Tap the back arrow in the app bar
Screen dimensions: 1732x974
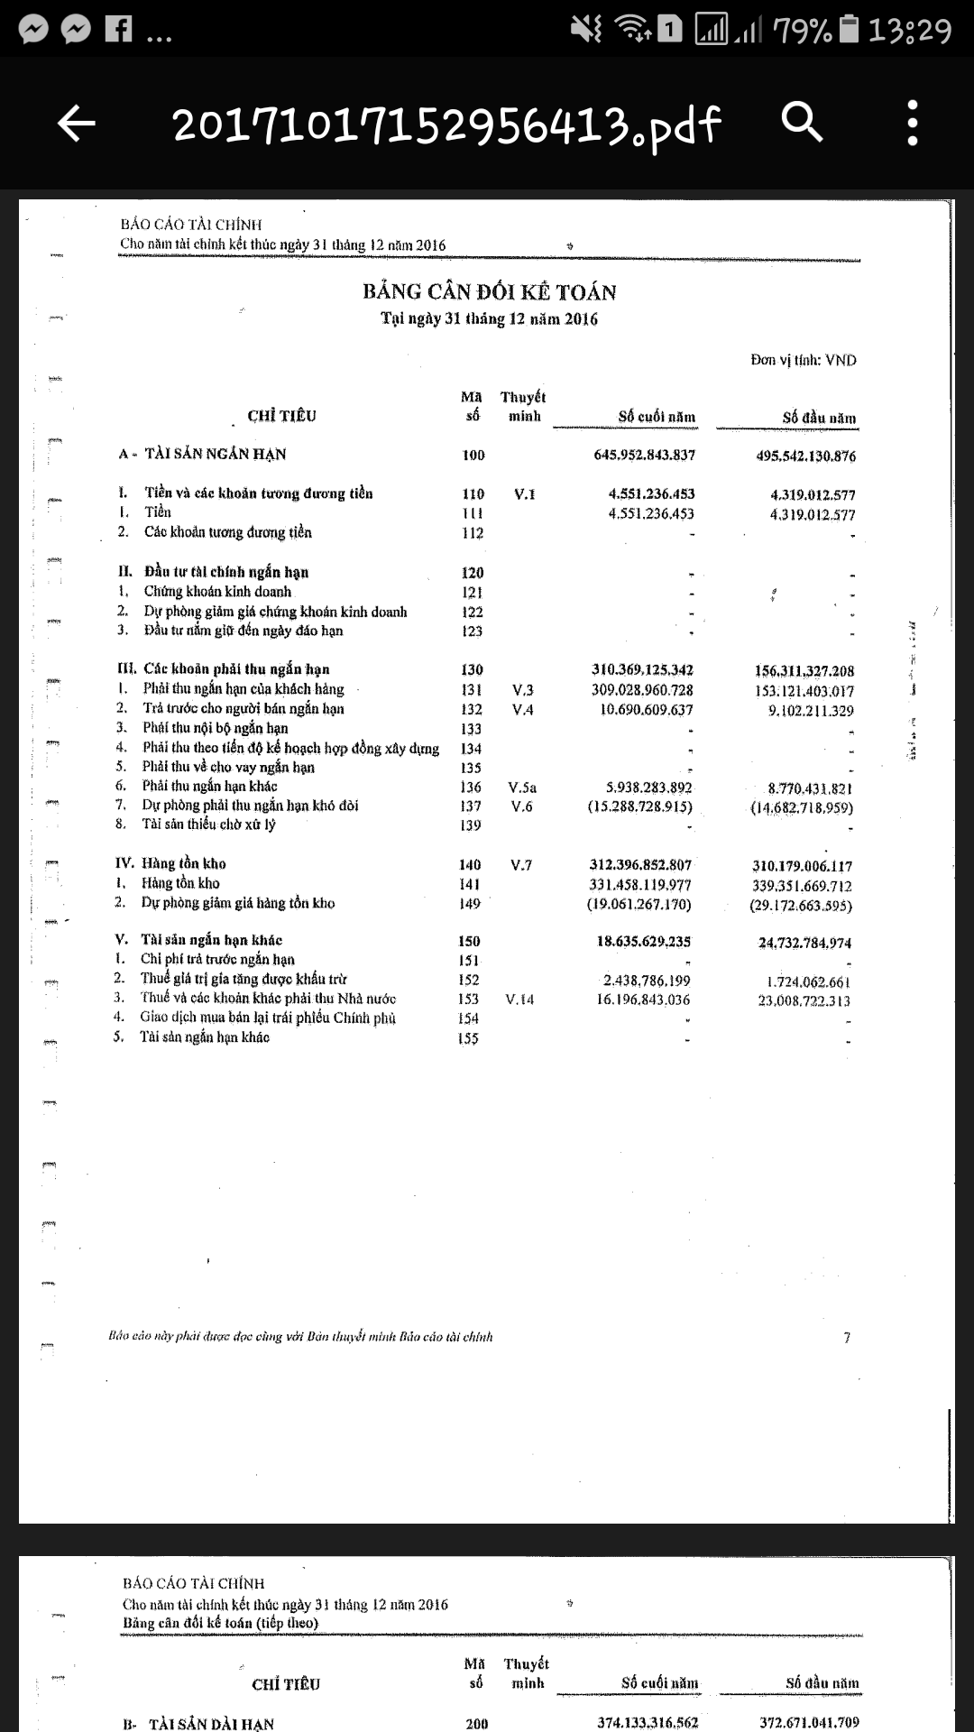77,123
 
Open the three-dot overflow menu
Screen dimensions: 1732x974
913,123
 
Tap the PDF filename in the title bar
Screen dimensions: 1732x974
446,124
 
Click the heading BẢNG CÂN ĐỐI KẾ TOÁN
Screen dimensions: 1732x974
490,292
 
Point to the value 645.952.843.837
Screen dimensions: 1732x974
644,455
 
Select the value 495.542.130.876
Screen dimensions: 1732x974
805,456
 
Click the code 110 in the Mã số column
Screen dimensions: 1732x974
473,494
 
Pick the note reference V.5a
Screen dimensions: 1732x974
522,788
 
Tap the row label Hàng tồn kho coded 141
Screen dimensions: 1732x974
180,883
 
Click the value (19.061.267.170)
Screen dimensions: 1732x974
639,904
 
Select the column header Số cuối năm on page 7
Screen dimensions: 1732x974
657,417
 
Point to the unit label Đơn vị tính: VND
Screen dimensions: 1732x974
804,360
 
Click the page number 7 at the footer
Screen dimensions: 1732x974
847,1338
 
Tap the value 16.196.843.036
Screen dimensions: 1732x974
643,1000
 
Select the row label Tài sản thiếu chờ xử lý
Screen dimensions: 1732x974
208,825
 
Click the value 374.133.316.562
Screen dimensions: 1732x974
648,1722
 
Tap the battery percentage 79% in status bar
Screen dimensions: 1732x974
802,31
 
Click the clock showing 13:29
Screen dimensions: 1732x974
909,31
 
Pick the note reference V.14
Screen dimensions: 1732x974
520,1000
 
